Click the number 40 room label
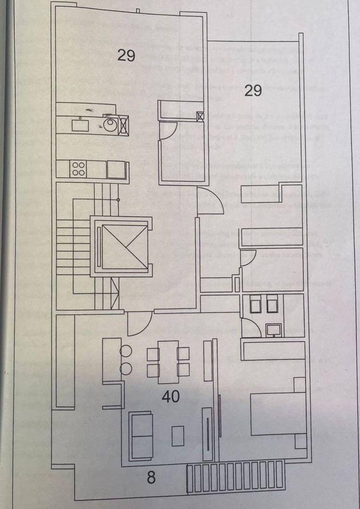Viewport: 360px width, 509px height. click(171, 397)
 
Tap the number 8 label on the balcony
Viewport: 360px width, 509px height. click(151, 477)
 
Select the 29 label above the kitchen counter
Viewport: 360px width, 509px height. click(126, 56)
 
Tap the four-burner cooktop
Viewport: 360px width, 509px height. click(78, 169)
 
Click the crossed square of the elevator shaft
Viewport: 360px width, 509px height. click(124, 246)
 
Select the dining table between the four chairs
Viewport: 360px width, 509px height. click(168, 361)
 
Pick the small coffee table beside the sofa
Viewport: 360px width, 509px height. click(178, 435)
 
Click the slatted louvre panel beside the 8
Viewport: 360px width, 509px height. click(236, 476)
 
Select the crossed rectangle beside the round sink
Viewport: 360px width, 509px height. click(123, 124)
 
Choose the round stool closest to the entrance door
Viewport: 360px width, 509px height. click(126, 351)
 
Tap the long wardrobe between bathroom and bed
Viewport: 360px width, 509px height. click(273, 350)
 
